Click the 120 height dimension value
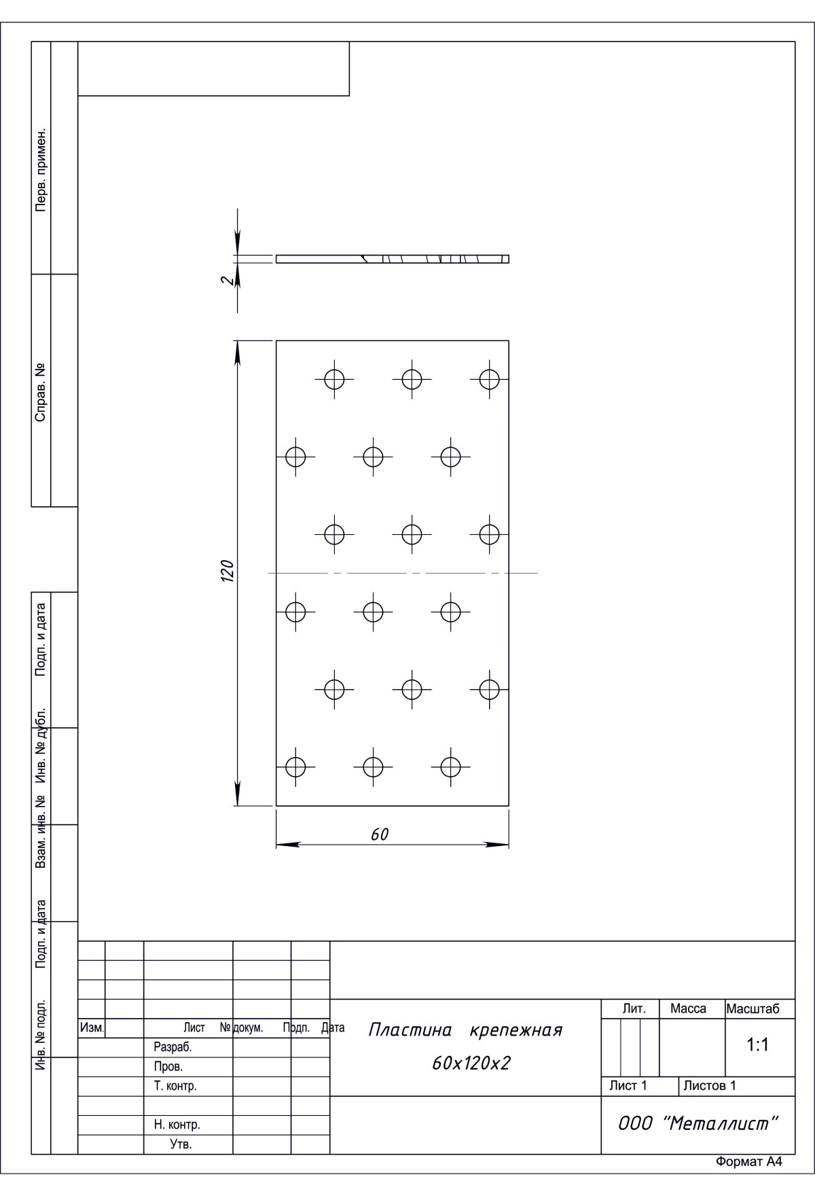pos(228,571)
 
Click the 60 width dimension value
pos(380,834)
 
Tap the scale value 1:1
pos(757,1045)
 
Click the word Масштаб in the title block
pos(753,1008)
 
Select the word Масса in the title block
pos(688,1008)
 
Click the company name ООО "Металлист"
pos(697,1123)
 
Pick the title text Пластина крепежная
pos(465,1030)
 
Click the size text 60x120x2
pos(471,1063)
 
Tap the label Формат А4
pos(748,1181)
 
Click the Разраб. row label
pos(173,1047)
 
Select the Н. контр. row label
pos(177,1125)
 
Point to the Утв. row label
pos(181,1144)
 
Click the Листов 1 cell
pos(710,1085)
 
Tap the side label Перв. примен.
pos(41,169)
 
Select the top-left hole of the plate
pos(334,379)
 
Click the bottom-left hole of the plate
pos(295,767)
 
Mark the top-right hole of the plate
pos(489,379)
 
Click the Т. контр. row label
pos(175,1086)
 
